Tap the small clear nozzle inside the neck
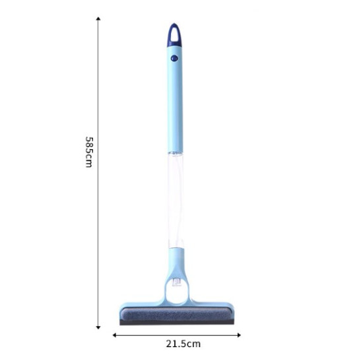(176, 282)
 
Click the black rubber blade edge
(176, 323)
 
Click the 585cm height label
(88, 152)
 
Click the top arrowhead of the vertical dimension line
(98, 20)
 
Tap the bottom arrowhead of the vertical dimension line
(98, 325)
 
